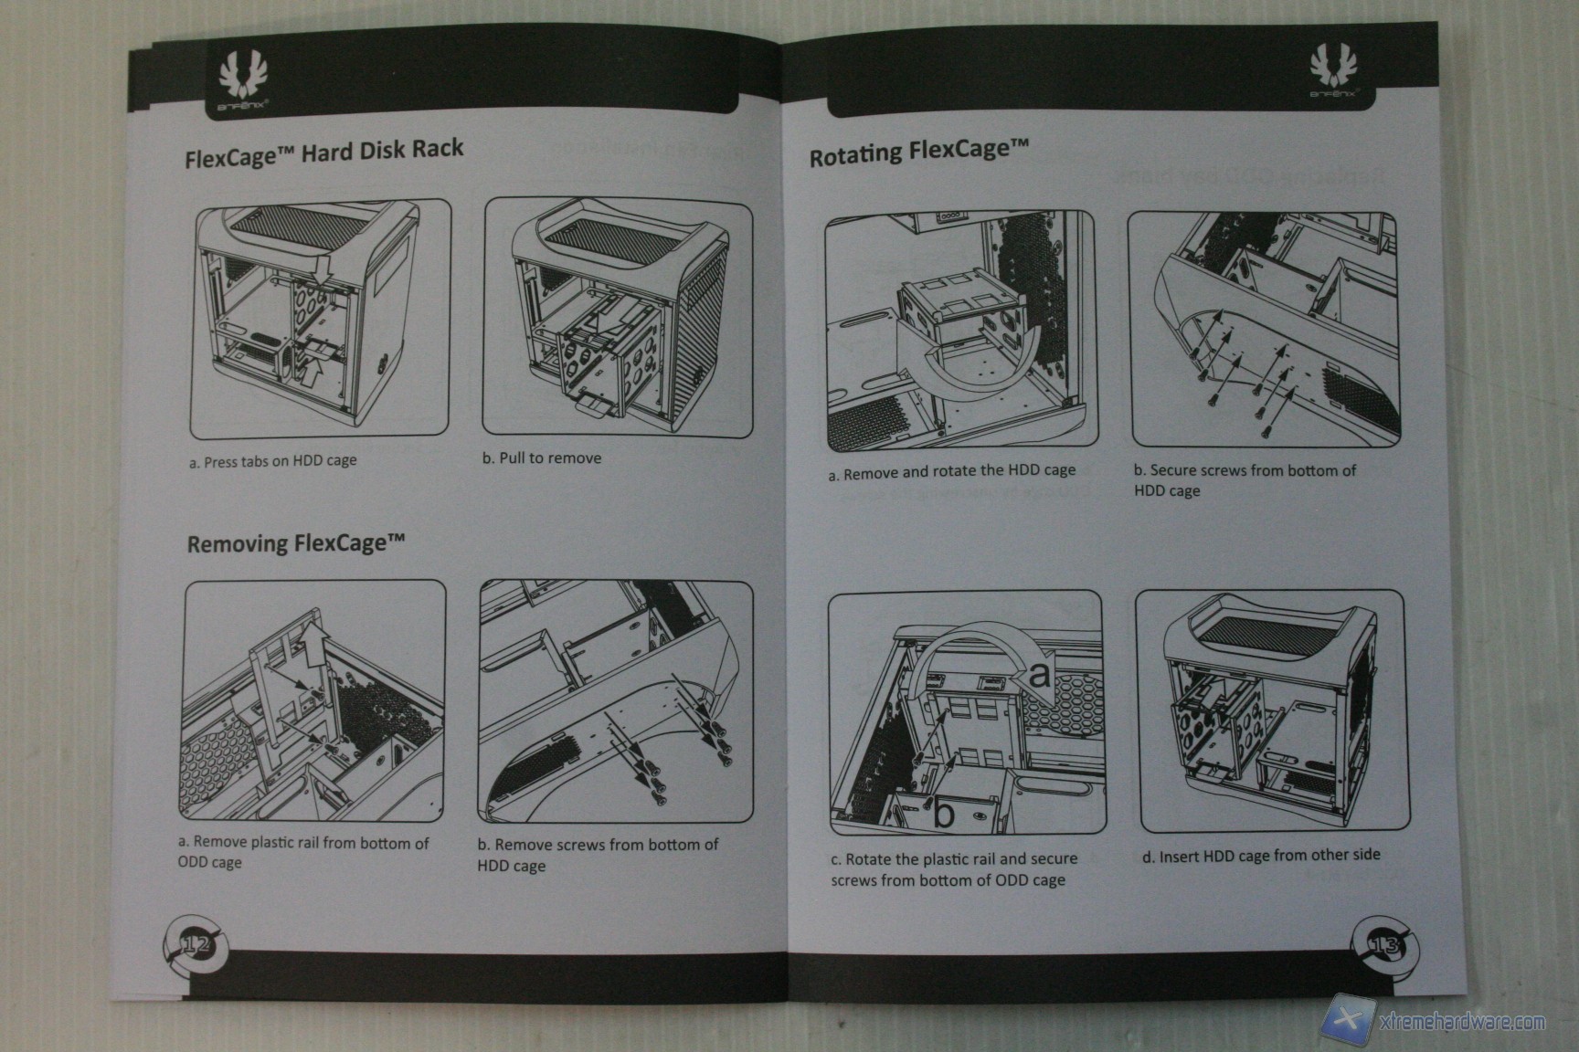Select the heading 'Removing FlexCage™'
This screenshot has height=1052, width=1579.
point(295,544)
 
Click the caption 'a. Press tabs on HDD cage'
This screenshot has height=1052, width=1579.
point(272,461)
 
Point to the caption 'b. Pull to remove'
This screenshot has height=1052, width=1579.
point(542,458)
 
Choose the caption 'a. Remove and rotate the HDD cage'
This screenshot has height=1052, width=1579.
point(951,472)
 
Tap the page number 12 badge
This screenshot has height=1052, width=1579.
point(195,945)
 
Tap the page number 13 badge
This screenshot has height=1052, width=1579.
point(1383,944)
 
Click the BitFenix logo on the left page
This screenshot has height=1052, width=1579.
point(243,79)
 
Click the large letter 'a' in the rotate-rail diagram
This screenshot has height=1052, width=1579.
point(1040,677)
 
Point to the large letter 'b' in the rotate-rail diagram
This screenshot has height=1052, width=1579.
point(944,812)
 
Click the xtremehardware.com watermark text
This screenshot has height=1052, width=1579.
point(1463,1022)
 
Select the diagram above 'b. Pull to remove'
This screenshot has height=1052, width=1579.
point(618,317)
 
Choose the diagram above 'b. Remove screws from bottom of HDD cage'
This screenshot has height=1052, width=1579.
point(616,700)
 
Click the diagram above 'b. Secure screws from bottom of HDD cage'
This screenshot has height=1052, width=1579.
point(1265,329)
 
